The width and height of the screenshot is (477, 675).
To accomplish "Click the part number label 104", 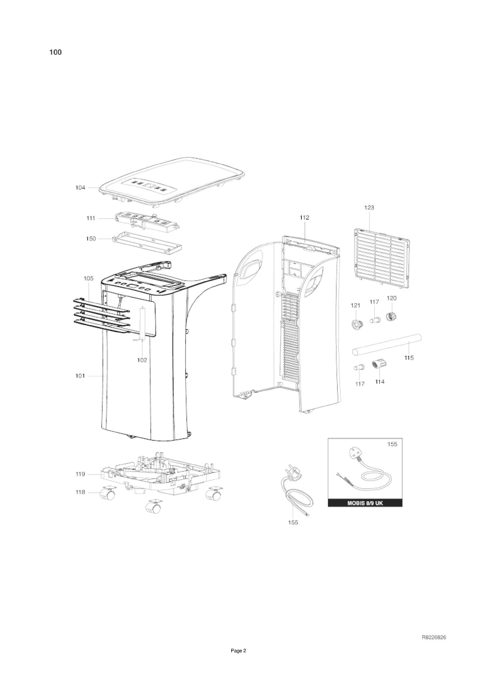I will coord(80,188).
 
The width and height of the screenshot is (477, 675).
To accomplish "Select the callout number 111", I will coord(90,219).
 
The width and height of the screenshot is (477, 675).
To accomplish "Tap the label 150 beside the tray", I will coord(91,239).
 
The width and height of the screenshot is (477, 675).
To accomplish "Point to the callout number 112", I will coord(304,218).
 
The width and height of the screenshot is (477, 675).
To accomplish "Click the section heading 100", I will coord(55,52).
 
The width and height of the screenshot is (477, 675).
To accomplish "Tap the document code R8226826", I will coord(434,637).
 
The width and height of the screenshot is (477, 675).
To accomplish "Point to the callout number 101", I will coord(80,376).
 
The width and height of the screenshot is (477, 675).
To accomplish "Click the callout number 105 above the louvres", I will coord(88,278).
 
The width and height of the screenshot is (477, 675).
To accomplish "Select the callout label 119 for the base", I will coord(80,474).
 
